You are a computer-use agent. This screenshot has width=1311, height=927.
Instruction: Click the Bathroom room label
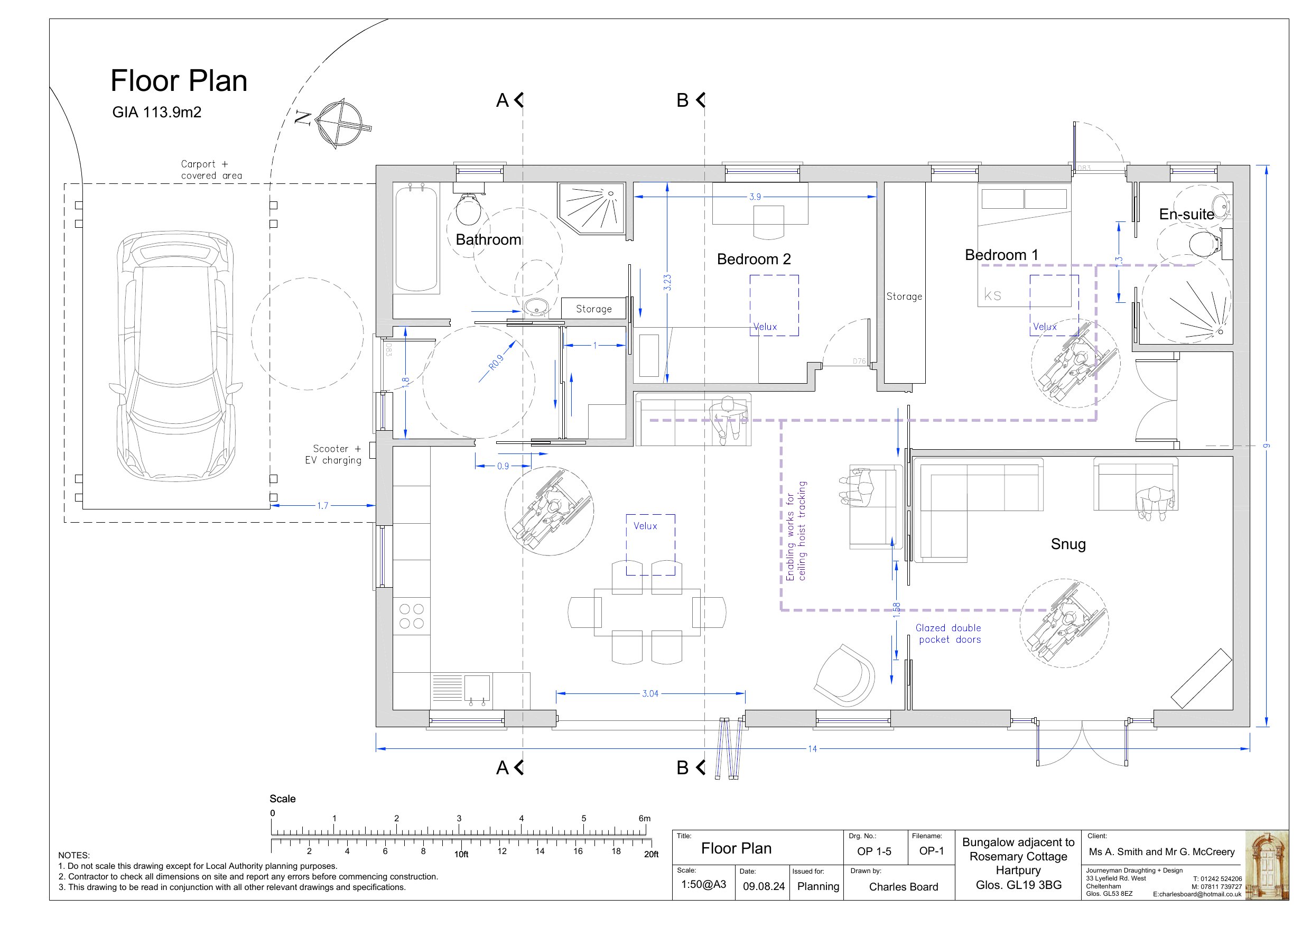point(488,239)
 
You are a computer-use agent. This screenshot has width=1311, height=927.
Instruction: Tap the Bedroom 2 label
point(754,259)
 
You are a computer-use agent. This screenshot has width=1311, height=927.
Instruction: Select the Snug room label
point(1068,544)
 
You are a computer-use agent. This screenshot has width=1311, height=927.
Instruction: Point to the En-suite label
point(1186,214)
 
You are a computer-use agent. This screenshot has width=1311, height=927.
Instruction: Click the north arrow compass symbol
point(340,123)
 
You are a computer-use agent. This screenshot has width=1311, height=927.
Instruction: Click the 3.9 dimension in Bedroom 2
point(755,197)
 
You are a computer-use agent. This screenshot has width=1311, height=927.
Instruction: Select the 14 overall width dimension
point(812,749)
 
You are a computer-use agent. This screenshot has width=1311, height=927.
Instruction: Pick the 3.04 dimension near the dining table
point(650,693)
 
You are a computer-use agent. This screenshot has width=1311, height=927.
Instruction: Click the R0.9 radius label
point(496,363)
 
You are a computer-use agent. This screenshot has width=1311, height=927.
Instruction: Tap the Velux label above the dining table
point(645,526)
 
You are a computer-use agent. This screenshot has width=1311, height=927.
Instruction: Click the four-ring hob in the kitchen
point(411,616)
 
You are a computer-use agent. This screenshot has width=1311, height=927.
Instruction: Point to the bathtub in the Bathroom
point(417,238)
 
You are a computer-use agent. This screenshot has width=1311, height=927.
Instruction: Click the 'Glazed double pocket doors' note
point(949,634)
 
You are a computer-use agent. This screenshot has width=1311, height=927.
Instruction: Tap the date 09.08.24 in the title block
point(764,886)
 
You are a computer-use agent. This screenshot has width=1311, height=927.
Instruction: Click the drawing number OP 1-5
point(873,851)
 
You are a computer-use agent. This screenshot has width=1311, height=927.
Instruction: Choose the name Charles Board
point(903,886)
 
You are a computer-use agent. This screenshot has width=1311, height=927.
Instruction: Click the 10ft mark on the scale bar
point(461,855)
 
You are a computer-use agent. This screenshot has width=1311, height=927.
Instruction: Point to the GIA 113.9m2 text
point(156,112)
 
